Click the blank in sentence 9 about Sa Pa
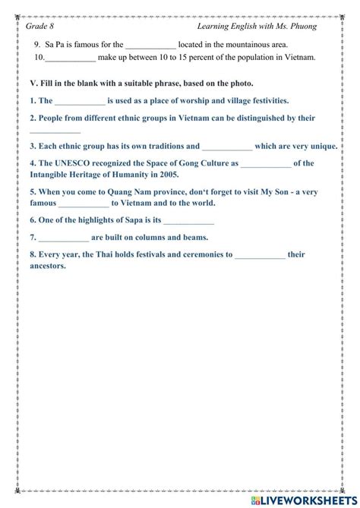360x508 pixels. [x=150, y=45]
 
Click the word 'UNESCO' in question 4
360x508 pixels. [x=72, y=163]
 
